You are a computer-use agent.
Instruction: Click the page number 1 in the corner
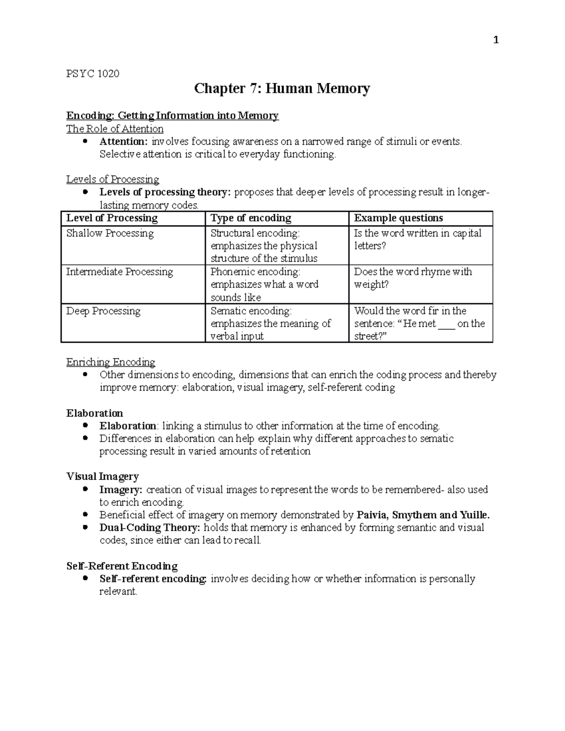(x=495, y=40)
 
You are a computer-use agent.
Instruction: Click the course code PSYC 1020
(x=93, y=73)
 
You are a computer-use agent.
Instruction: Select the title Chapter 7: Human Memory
(x=282, y=88)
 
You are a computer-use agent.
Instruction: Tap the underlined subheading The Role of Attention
(x=115, y=129)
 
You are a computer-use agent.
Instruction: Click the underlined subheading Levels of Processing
(x=113, y=179)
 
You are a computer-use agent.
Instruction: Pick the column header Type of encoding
(x=251, y=218)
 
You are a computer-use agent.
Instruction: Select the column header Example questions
(x=398, y=218)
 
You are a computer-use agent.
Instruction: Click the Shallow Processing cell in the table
(x=110, y=233)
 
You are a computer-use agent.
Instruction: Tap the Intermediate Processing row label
(x=120, y=272)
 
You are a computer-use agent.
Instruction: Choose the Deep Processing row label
(x=103, y=311)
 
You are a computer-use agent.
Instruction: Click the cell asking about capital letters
(x=417, y=239)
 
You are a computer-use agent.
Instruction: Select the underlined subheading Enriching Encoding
(x=111, y=362)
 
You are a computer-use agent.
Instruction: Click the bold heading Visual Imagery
(x=102, y=476)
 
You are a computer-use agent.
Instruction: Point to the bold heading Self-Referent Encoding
(x=121, y=566)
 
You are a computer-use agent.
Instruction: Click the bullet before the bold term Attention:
(x=85, y=141)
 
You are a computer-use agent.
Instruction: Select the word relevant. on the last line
(x=118, y=592)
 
